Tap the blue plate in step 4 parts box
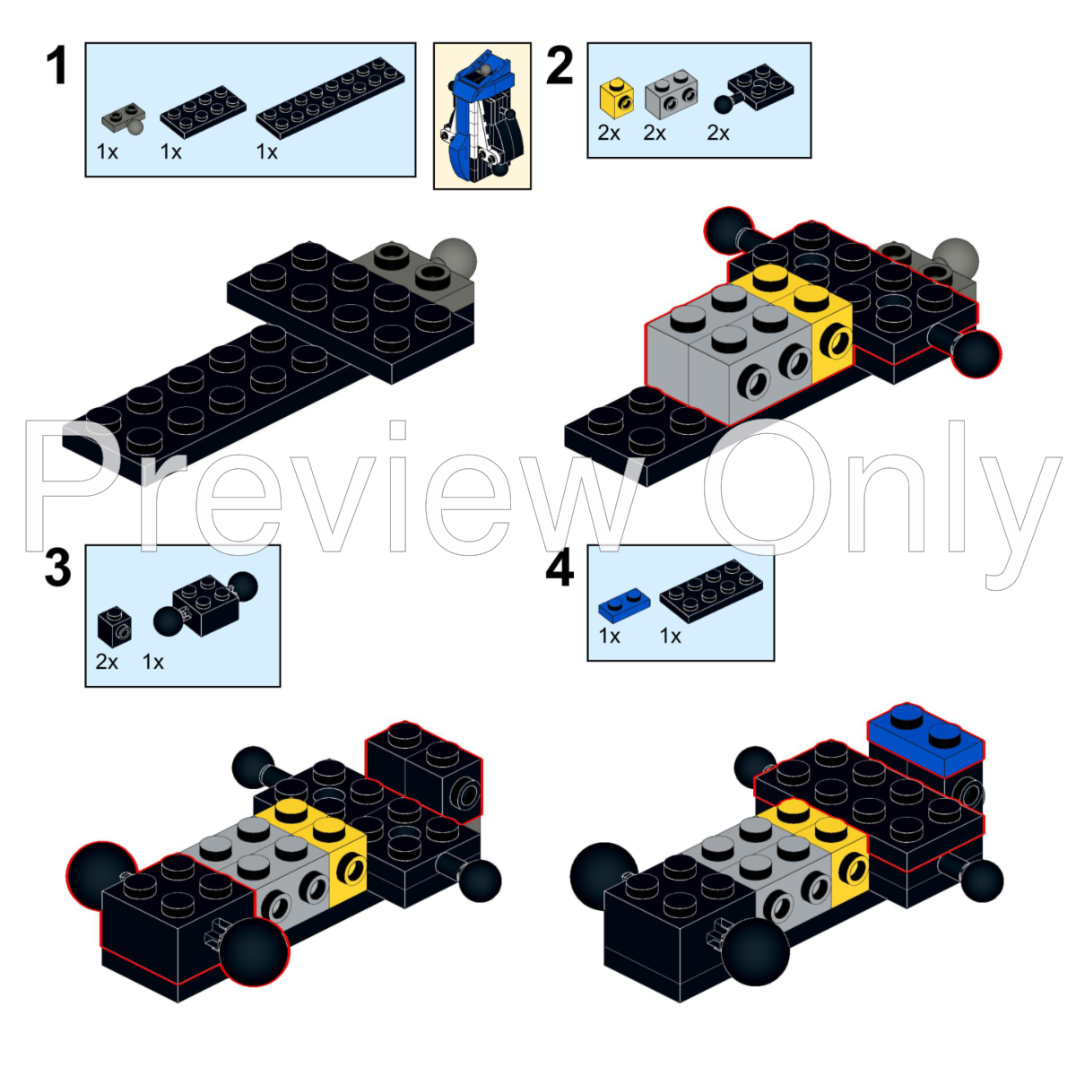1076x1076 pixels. (623, 606)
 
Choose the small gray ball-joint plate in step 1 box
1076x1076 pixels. (124, 117)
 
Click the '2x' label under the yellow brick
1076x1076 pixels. (609, 134)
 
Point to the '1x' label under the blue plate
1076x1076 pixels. (610, 637)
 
